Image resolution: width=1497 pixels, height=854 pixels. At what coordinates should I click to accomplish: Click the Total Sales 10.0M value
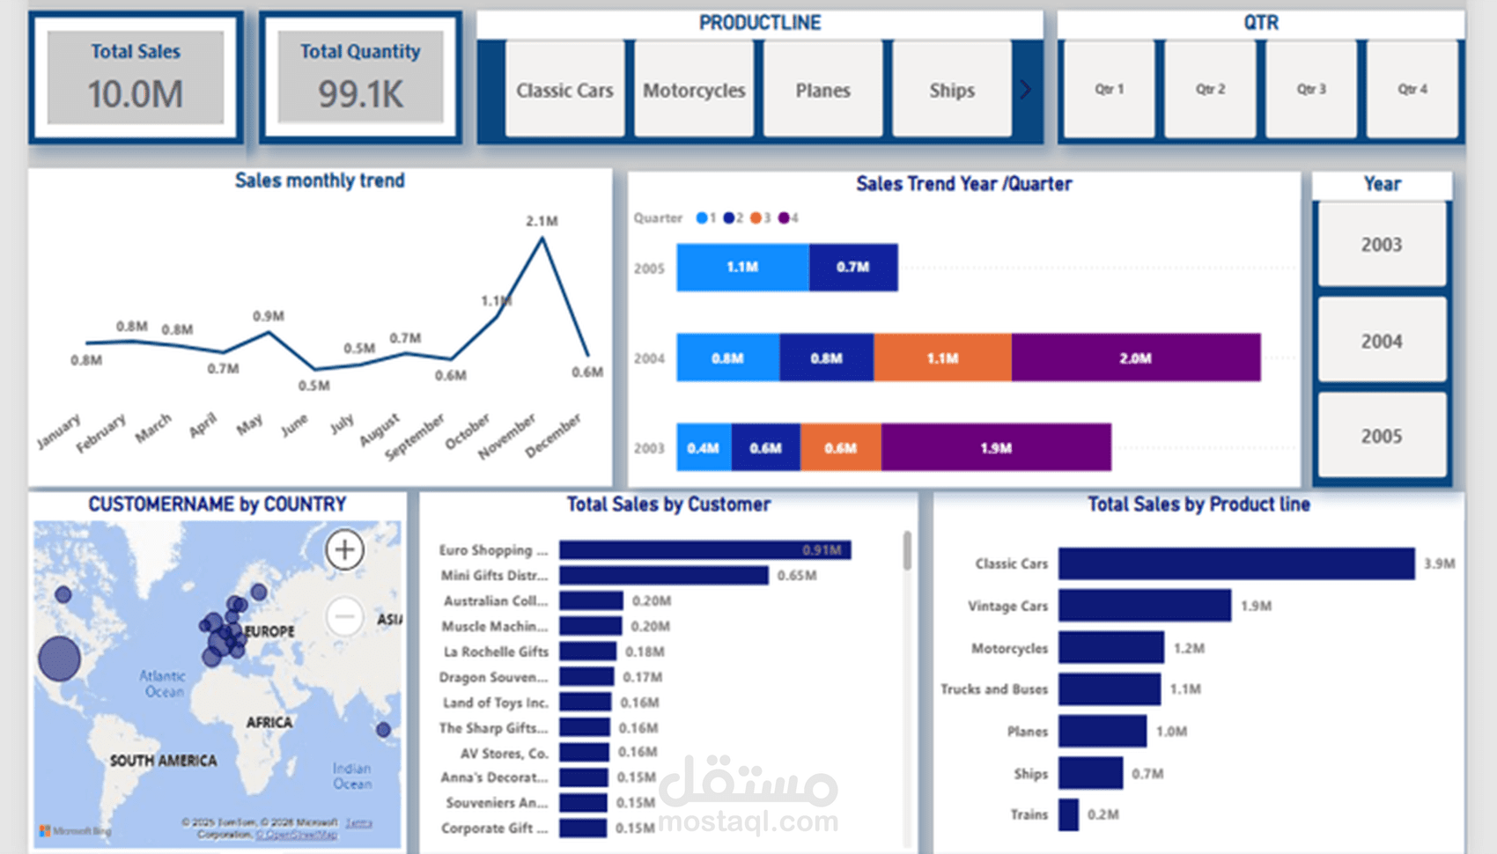pos(135,94)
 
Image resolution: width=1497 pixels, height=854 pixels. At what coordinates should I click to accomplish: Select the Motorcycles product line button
pos(694,90)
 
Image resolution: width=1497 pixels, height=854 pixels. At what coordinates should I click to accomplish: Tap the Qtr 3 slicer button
pos(1310,89)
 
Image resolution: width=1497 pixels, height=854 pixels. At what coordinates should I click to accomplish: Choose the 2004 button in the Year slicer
pos(1381,341)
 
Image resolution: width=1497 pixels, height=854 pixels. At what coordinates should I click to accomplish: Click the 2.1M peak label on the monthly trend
pos(542,221)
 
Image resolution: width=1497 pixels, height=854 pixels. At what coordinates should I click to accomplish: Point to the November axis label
pos(507,436)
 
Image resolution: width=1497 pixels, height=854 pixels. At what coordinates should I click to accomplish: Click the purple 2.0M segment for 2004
pos(1135,357)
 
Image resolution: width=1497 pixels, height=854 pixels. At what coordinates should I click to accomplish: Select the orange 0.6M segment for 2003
pos(840,447)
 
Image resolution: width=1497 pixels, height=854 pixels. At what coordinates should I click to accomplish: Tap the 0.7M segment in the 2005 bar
pos(852,267)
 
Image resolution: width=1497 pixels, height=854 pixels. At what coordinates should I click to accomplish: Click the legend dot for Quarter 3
pos(756,217)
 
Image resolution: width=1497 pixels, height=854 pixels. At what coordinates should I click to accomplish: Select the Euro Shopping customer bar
pos(704,549)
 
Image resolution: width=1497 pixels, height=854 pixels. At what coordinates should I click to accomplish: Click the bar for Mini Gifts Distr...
pos(663,575)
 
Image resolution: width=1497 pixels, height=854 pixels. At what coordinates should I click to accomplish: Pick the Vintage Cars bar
pos(1144,606)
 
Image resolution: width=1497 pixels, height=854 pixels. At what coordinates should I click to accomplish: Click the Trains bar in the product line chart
pos(1068,814)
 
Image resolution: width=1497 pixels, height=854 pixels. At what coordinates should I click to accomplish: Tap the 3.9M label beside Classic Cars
pos(1439,563)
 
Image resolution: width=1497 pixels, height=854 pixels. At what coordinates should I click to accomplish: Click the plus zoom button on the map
pos(344,549)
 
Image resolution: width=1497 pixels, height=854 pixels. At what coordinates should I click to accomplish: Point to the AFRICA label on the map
pos(269,722)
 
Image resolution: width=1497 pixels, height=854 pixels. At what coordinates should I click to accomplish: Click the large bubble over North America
pos(59,659)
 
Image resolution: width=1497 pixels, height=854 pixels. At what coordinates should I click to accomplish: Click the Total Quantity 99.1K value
pos(360,94)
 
